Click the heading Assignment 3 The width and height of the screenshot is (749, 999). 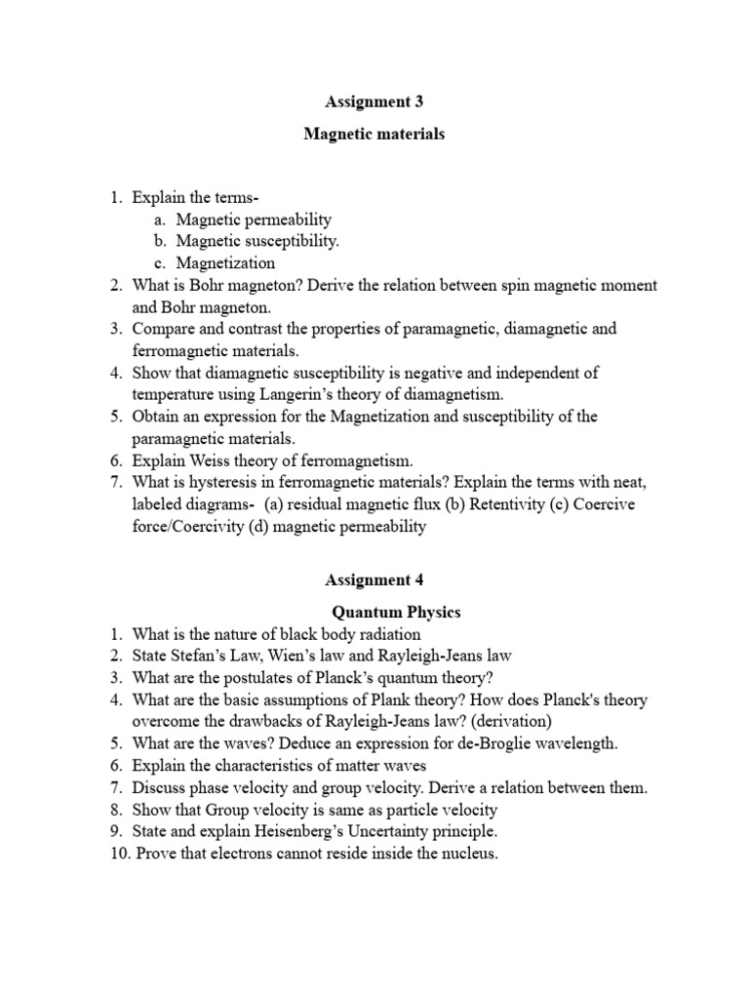coord(374,100)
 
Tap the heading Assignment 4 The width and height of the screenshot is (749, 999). coord(374,579)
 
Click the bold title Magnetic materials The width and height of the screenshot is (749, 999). coord(374,135)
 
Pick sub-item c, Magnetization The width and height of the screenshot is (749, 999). coord(225,262)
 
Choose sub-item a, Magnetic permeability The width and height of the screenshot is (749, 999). coord(254,220)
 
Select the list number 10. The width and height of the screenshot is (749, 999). coord(118,855)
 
